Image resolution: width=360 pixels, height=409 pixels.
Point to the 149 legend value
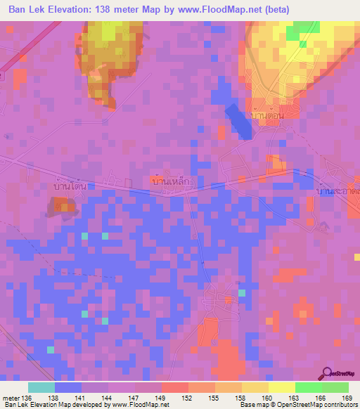tap(162, 397)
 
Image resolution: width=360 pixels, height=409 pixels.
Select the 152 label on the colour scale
tap(188, 397)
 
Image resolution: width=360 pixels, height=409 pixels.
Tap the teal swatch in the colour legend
tap(41, 387)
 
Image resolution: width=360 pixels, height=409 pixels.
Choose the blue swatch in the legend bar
tap(68, 387)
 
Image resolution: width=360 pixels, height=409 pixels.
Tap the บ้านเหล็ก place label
tap(172, 181)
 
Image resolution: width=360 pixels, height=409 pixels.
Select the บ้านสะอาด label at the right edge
tap(338, 190)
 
